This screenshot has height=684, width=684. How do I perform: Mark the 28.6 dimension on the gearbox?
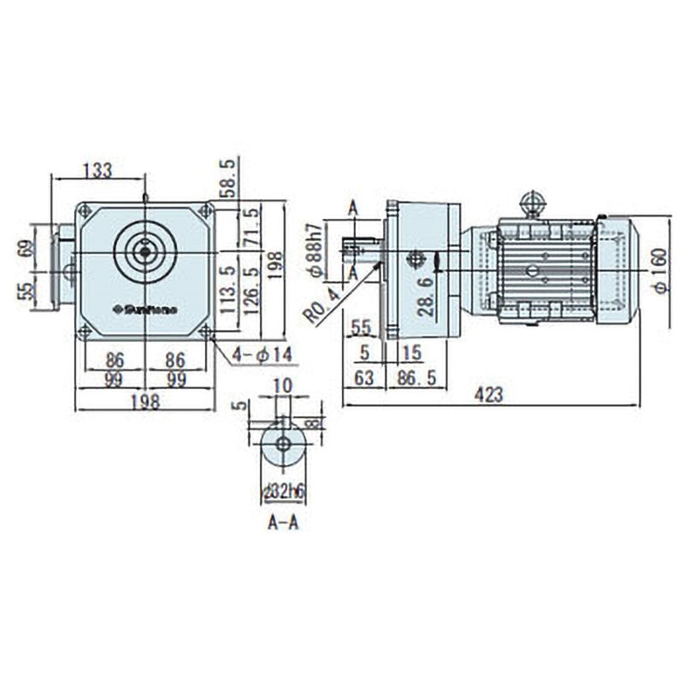click(x=425, y=296)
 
